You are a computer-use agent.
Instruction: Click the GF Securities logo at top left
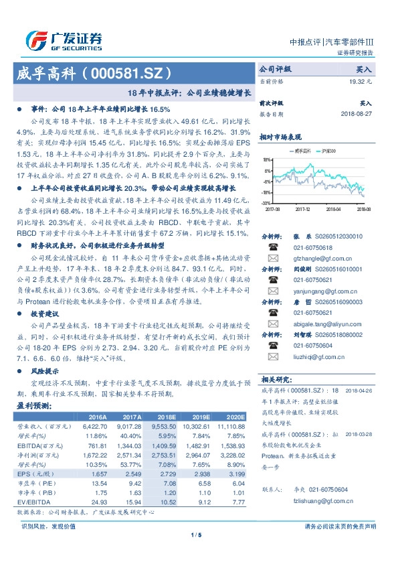point(64,40)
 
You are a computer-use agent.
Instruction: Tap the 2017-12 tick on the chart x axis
point(304,209)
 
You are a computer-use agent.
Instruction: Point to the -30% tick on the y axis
point(266,202)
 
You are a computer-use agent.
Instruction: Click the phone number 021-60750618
point(314,247)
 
